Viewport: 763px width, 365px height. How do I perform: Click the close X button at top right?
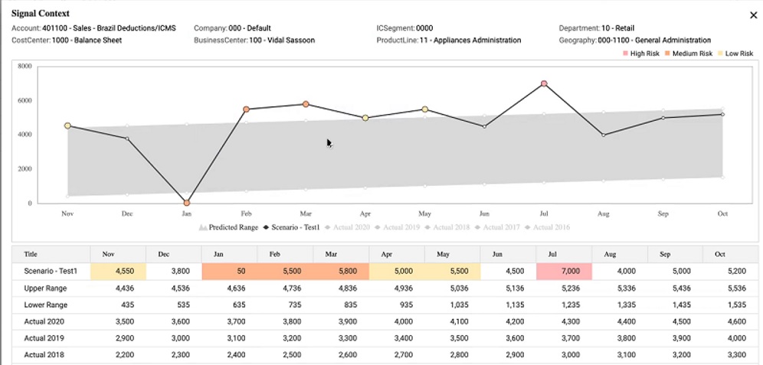point(752,15)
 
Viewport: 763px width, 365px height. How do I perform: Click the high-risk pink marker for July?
point(544,83)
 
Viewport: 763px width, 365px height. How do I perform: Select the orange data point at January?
point(186,203)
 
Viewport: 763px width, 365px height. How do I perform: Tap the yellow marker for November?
point(67,125)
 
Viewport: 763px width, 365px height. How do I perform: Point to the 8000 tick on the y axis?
point(24,67)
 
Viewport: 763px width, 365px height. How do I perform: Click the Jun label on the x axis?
point(484,214)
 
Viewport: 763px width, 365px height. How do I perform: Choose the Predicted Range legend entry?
point(230,227)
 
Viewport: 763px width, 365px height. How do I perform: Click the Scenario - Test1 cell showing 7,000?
point(565,271)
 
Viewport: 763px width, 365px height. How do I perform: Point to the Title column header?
point(31,253)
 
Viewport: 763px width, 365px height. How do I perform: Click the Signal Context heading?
point(41,13)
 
